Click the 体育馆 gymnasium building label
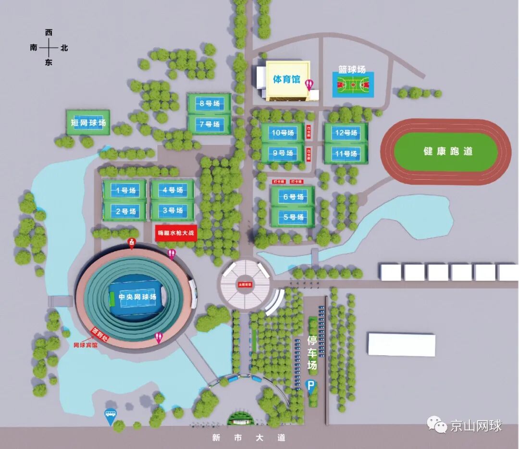(286, 79)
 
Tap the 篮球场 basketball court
(353, 86)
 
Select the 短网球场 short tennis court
(88, 123)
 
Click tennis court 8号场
(209, 103)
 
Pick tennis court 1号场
(125, 190)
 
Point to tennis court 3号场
(173, 211)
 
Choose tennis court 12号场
(346, 133)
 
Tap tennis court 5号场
(293, 217)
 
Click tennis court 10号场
(283, 133)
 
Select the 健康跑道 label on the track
(448, 151)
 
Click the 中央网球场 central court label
(137, 297)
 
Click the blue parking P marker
(311, 386)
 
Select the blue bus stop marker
(111, 416)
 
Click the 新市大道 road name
(249, 437)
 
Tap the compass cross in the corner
(49, 48)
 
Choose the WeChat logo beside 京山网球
(437, 425)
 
